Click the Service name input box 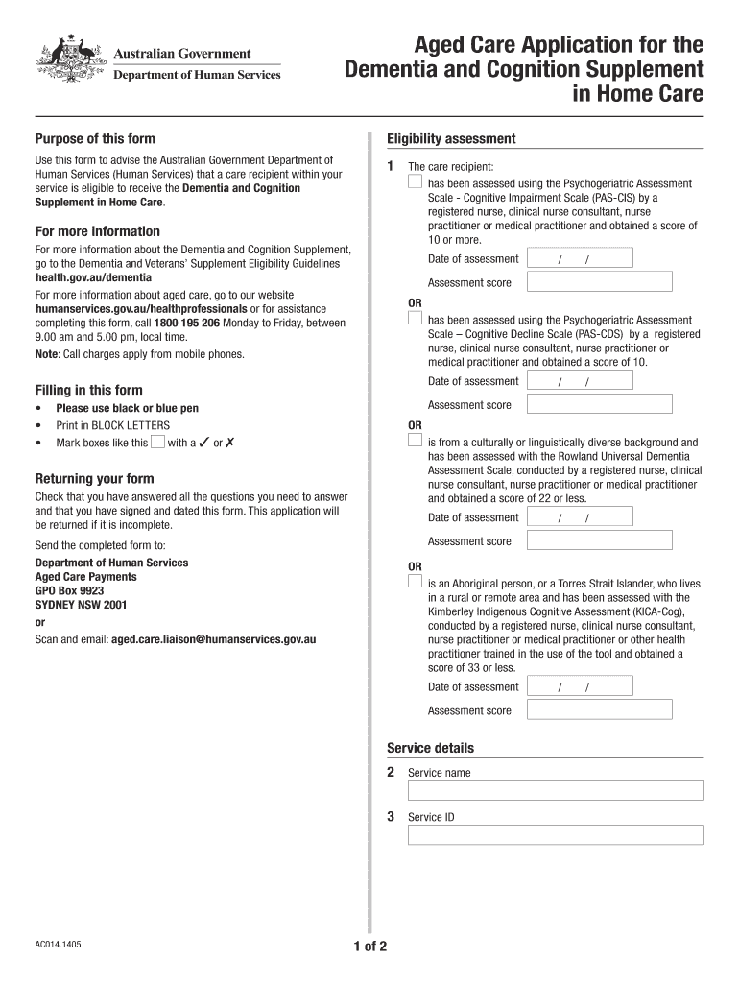556,790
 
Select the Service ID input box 556,835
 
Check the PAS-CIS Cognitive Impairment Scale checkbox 415,181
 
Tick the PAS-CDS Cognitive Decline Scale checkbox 415,318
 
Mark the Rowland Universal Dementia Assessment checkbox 415,441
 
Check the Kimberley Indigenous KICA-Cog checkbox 415,581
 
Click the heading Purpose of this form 95,139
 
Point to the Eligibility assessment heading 451,139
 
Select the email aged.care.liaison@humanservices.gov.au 214,638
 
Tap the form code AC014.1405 59,945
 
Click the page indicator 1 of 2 369,947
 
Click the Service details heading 430,748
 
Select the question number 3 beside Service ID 391,817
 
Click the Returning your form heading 94,479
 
